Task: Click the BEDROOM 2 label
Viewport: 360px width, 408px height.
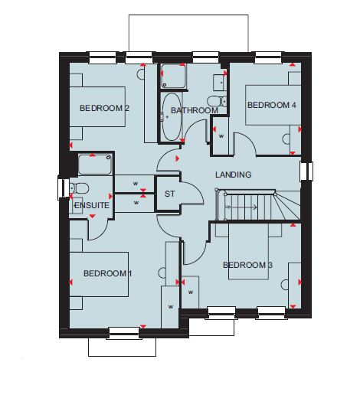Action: (104, 108)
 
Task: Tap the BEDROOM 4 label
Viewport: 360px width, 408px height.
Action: (272, 105)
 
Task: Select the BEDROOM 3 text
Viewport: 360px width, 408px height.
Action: (247, 265)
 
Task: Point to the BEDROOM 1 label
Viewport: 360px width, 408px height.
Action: (107, 273)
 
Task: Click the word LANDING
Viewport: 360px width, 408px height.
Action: (233, 175)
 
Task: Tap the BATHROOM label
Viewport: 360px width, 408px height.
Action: (195, 110)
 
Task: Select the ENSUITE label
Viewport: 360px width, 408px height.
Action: (92, 205)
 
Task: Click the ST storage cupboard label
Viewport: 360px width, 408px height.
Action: (170, 194)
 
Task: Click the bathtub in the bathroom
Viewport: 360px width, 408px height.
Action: (171, 116)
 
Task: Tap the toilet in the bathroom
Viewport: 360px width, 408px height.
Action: (217, 101)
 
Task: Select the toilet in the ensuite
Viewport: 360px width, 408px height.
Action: (79, 188)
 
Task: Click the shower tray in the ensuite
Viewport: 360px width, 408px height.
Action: (95, 164)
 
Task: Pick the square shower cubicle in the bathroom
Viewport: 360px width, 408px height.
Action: (173, 76)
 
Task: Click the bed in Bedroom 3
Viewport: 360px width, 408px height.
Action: (248, 251)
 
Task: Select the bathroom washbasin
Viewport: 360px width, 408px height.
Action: (220, 83)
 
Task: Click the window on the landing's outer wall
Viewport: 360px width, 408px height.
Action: (306, 171)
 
